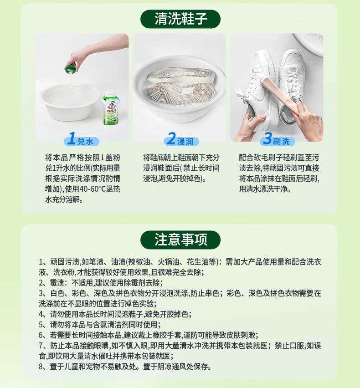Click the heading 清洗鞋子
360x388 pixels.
(180, 19)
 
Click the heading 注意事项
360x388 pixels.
(180, 240)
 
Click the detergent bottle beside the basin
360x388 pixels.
(111, 107)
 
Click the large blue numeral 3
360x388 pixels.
(267, 138)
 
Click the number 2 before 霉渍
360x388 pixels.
(41, 283)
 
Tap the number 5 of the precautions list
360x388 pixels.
(41, 324)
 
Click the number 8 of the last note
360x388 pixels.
(41, 367)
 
